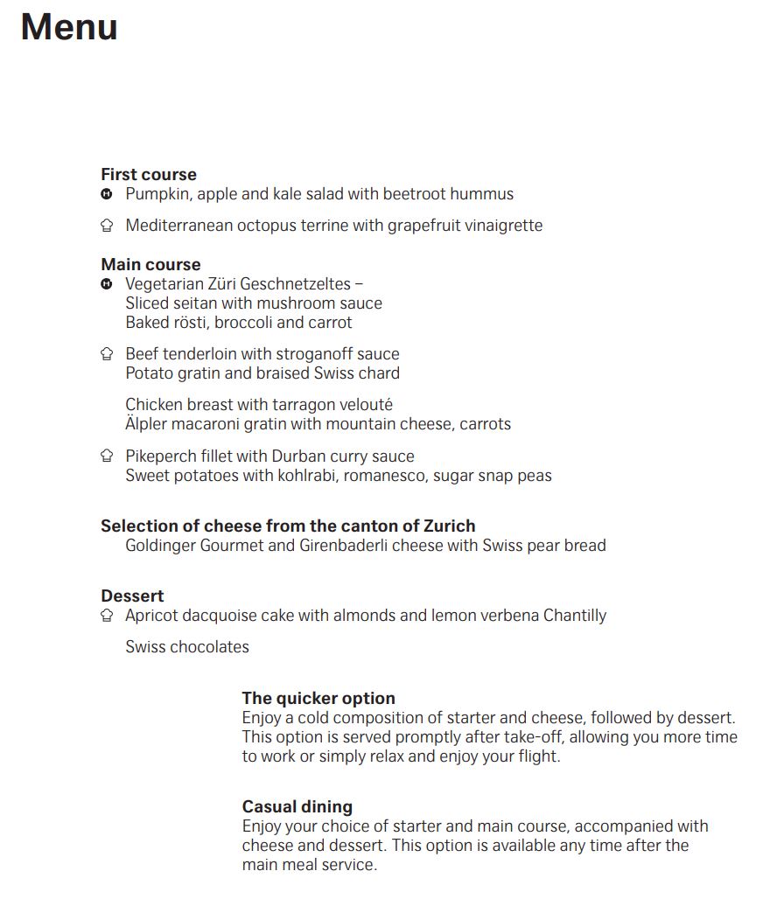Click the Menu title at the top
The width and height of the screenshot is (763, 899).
click(x=69, y=27)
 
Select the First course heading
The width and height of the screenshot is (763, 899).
click(x=149, y=174)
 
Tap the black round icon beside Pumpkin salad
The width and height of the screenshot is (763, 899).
click(x=107, y=193)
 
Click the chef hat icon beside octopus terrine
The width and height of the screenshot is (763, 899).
click(x=107, y=226)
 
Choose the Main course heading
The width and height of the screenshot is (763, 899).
click(x=150, y=264)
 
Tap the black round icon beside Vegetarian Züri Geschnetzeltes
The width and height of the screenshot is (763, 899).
click(x=107, y=283)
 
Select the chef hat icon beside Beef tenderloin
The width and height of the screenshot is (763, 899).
click(x=107, y=354)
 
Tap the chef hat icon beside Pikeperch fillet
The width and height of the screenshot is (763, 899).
click(x=107, y=456)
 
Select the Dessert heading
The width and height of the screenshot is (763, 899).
click(x=132, y=596)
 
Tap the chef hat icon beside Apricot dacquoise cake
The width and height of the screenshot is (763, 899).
click(x=107, y=616)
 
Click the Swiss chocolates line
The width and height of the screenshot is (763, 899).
click(x=187, y=647)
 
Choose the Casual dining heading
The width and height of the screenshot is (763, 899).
click(x=297, y=806)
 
